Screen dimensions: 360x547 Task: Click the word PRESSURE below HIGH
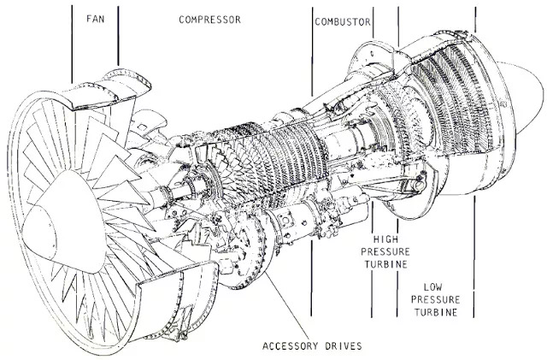point(388,254)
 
